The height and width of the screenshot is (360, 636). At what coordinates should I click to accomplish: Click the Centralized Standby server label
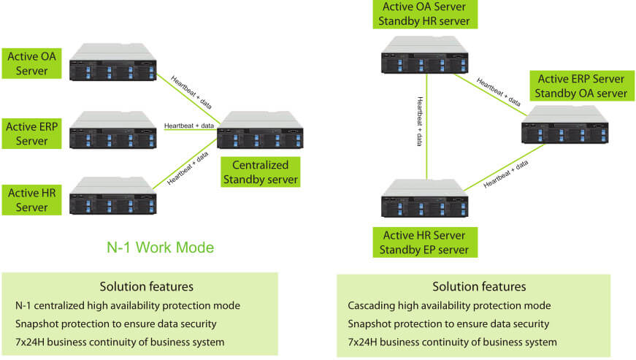coord(260,171)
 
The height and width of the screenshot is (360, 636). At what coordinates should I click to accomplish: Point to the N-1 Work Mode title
coord(159,248)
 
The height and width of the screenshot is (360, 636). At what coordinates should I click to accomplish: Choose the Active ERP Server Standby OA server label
coord(581,85)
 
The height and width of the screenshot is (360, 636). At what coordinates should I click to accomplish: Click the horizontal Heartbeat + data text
coord(189,126)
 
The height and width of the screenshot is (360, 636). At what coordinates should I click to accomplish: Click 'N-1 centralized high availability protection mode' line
coord(128,305)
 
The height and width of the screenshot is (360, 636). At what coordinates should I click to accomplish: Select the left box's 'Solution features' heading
coord(146,286)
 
